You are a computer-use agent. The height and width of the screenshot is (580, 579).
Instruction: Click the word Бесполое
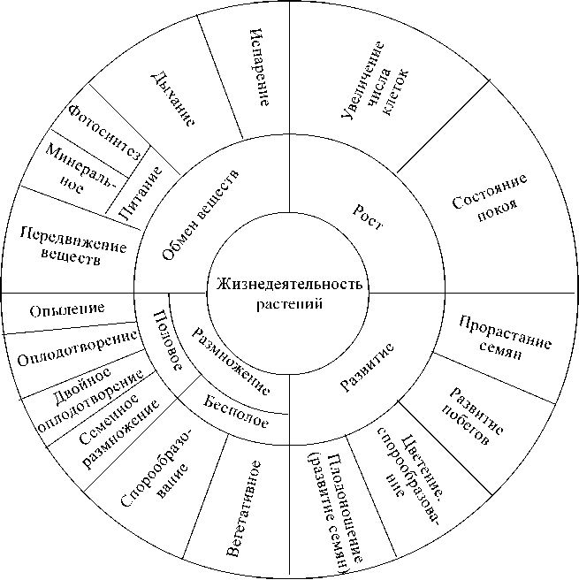tap(236, 413)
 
